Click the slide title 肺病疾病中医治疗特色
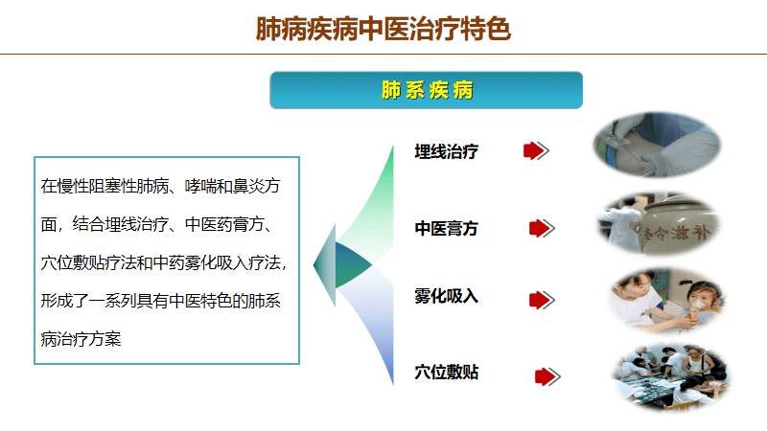[x=383, y=29]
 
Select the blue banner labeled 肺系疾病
[x=426, y=90]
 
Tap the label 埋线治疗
[x=446, y=151]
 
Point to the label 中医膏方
[x=446, y=228]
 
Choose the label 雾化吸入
[x=446, y=296]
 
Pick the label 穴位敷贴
[x=446, y=373]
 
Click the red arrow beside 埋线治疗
[x=536, y=150]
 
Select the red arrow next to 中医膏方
[x=542, y=228]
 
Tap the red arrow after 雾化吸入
[x=542, y=300]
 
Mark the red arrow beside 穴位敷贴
[x=547, y=376]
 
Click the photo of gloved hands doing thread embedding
[x=657, y=145]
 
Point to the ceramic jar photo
[x=658, y=223]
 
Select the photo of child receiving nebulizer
[x=667, y=301]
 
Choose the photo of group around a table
[x=670, y=377]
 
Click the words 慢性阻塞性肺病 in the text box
[x=113, y=186]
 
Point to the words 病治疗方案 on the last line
[x=81, y=339]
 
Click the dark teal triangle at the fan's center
[x=352, y=264]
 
